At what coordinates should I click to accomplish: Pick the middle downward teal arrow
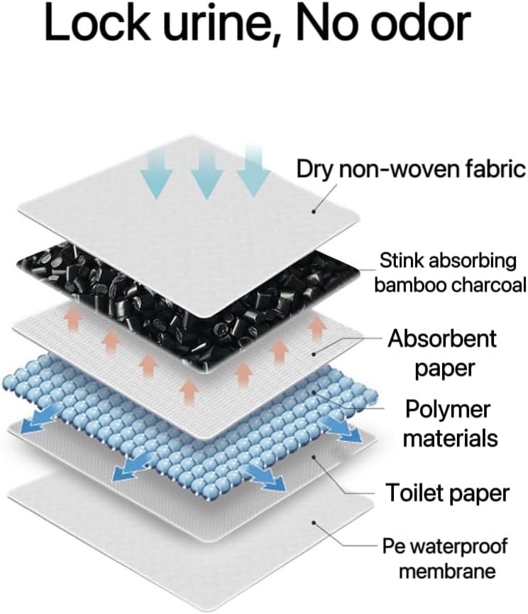coord(206,174)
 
